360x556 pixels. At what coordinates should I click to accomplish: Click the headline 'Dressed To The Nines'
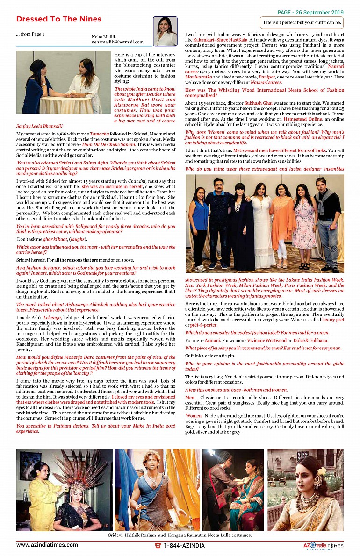point(58,19)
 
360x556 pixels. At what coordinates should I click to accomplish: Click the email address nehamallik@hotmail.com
point(117,42)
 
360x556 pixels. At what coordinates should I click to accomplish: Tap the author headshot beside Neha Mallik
point(165,32)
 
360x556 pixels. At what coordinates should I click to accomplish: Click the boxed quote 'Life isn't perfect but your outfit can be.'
point(302,22)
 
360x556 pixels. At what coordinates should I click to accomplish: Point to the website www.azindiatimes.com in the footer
point(47,545)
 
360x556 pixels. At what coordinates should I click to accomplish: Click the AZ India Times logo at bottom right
point(323,545)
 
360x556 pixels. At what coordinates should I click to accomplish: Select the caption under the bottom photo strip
point(180,535)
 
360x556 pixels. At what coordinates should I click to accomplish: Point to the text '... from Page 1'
point(30,34)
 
